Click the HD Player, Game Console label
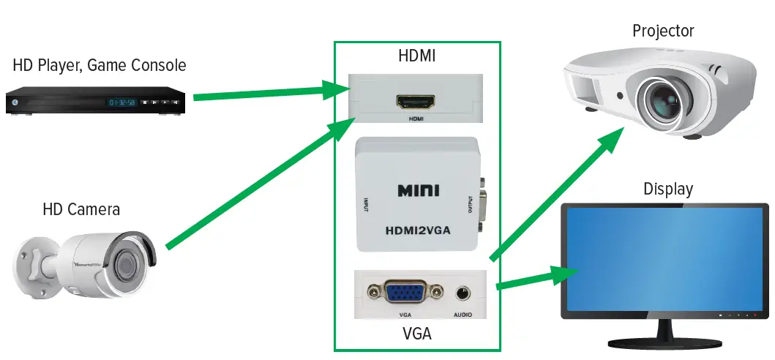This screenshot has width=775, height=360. pos(100,66)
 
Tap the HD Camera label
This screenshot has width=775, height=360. pos(81,210)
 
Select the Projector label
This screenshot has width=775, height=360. pos(663,31)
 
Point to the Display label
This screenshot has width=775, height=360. pos(667,190)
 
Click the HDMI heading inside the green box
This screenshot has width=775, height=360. pos(416,56)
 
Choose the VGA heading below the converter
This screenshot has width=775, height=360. pos(416,334)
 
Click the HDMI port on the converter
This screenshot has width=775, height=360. pos(416,102)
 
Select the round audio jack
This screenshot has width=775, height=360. pos(462,293)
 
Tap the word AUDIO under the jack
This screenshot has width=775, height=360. pos(463,315)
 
